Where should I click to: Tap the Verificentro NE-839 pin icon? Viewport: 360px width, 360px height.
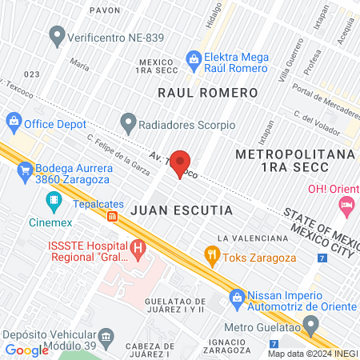pos(57,35)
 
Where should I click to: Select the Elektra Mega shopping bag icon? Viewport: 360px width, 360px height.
pos(193,58)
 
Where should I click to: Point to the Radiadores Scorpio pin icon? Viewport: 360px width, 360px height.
pos(127,124)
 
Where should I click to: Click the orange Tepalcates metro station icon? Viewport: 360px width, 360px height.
pos(112,216)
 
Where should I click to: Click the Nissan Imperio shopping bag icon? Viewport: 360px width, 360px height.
pos(236,298)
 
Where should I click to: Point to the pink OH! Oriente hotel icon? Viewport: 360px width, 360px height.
pos(346,206)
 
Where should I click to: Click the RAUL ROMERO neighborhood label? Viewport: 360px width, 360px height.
pos(207,93)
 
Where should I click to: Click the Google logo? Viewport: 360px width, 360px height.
pos(27,350)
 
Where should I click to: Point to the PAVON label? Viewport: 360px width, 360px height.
pos(105,10)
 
